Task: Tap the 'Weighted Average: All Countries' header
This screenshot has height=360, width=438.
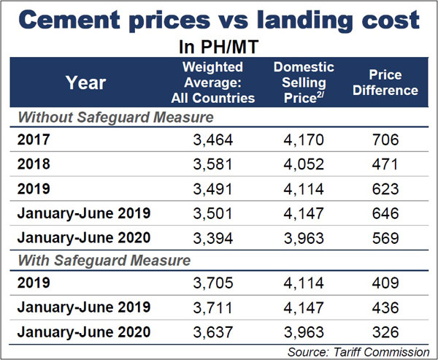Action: tap(211, 82)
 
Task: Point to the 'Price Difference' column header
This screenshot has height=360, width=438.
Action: tap(393, 82)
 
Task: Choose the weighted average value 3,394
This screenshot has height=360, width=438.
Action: tap(211, 238)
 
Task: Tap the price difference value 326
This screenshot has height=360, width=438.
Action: tap(393, 333)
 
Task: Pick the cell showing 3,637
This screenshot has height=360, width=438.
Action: tap(211, 333)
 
